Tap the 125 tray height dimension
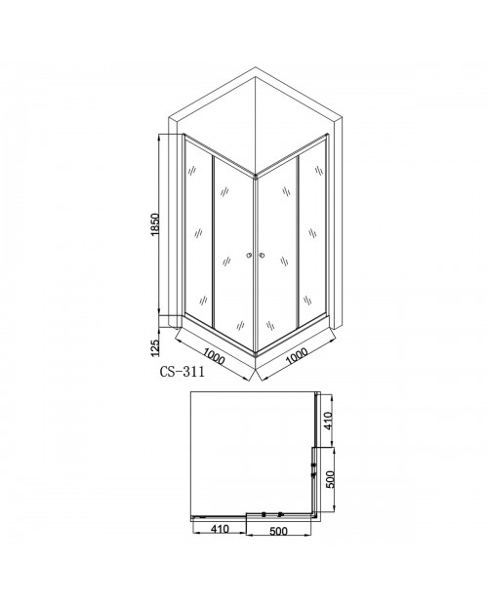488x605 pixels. pyautogui.click(x=154, y=347)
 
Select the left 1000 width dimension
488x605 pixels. pyautogui.click(x=214, y=356)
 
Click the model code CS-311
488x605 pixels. pyautogui.click(x=183, y=372)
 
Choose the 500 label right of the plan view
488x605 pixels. pyautogui.click(x=331, y=479)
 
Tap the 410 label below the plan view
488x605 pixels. pyautogui.click(x=219, y=529)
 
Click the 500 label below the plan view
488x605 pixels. pyautogui.click(x=278, y=531)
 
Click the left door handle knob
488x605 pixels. pyautogui.click(x=249, y=255)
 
